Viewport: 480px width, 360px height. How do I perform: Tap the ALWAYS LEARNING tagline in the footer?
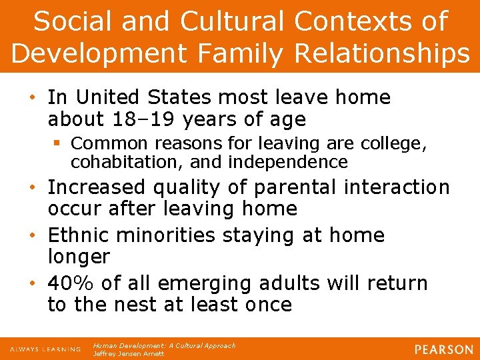45,349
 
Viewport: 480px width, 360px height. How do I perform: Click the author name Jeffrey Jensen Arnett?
127,354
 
